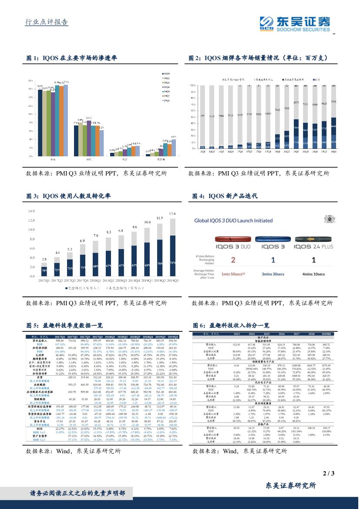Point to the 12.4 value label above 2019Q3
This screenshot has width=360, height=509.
point(172,213)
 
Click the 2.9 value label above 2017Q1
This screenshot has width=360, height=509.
point(44,259)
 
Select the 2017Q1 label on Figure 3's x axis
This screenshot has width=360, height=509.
point(44,281)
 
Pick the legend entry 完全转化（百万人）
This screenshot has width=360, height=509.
point(84,288)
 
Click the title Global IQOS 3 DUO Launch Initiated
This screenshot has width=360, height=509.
point(233,220)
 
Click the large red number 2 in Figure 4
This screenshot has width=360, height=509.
point(233,260)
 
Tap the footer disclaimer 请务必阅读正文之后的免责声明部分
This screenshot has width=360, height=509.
point(77,493)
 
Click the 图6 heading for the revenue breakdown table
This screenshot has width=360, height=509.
point(231,325)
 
